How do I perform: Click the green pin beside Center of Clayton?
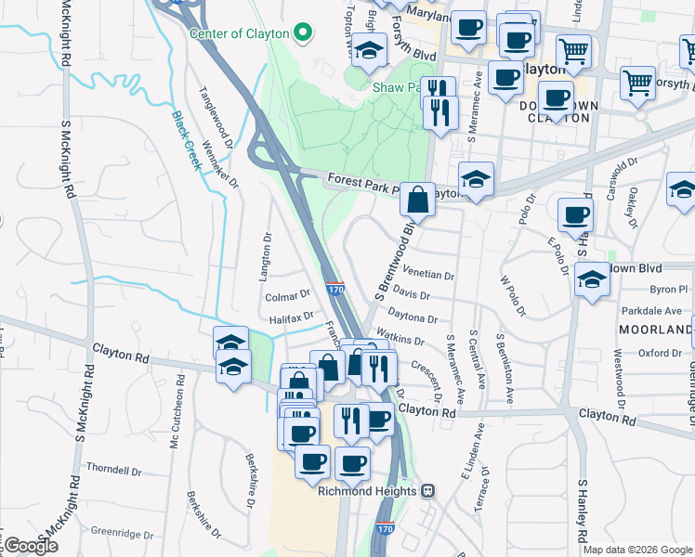[x=302, y=33]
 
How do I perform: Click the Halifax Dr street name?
[x=291, y=318]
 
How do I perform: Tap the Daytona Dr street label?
[x=413, y=317]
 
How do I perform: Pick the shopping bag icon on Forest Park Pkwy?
[x=418, y=199]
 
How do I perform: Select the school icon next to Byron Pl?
[x=592, y=278]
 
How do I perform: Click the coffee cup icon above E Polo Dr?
[x=575, y=215]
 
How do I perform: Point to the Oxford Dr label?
[x=661, y=353]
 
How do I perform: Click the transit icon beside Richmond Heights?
[x=427, y=490]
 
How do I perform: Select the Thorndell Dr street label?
[x=112, y=470]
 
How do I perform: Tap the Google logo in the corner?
[x=31, y=546]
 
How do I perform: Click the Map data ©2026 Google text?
[x=637, y=550]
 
